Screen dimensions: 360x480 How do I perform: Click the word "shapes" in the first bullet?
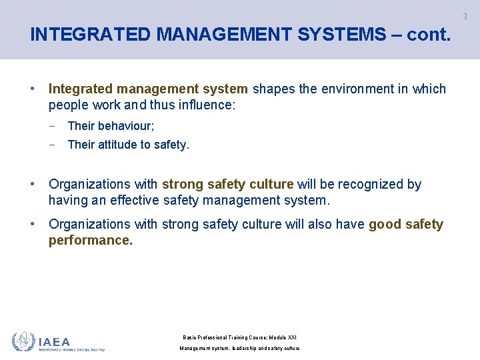(x=274, y=89)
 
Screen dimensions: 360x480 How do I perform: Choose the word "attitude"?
(x=118, y=144)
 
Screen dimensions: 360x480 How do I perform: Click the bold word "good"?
(x=385, y=224)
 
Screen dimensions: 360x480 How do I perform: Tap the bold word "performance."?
(x=91, y=240)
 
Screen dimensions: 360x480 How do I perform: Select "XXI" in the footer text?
(x=291, y=337)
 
